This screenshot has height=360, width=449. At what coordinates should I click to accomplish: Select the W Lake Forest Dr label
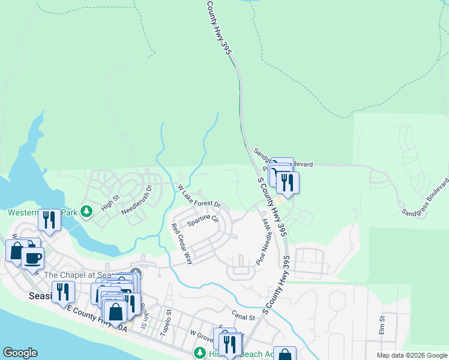199,196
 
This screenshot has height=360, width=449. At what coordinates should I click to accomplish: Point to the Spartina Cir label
202,221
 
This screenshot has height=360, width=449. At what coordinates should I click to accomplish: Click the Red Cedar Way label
181,244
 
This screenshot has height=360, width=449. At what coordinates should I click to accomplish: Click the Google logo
20,353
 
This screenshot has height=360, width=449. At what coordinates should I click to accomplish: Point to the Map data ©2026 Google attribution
412,355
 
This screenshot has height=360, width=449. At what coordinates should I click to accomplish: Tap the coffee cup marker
32,258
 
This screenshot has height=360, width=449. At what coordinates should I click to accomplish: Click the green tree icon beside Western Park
87,212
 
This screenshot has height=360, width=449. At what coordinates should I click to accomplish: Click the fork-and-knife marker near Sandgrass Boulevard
288,182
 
